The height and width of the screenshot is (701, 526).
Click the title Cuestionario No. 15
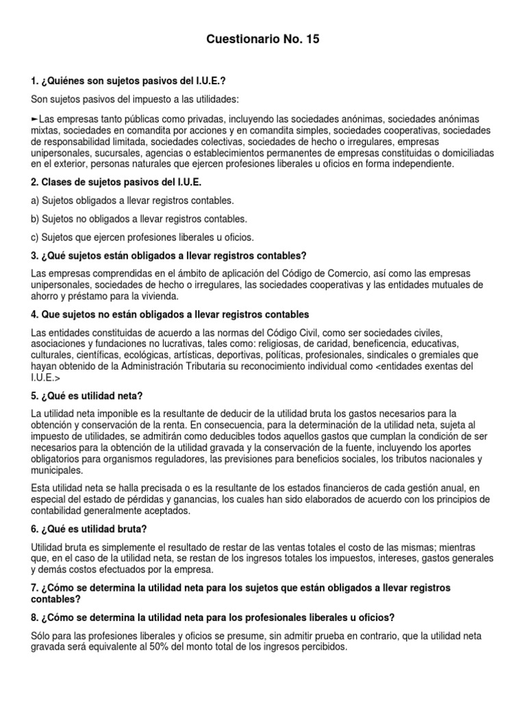click(x=262, y=40)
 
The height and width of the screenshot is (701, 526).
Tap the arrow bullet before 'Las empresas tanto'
click(x=35, y=118)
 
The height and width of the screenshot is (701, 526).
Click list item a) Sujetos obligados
click(x=133, y=201)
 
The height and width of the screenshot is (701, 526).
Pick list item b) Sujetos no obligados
click(x=140, y=219)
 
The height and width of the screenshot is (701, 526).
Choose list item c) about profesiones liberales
click(x=142, y=238)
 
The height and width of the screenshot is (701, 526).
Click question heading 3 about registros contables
click(x=169, y=255)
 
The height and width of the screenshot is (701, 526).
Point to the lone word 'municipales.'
click(x=58, y=471)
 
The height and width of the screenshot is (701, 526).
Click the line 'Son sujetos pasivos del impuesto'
click(x=134, y=100)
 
